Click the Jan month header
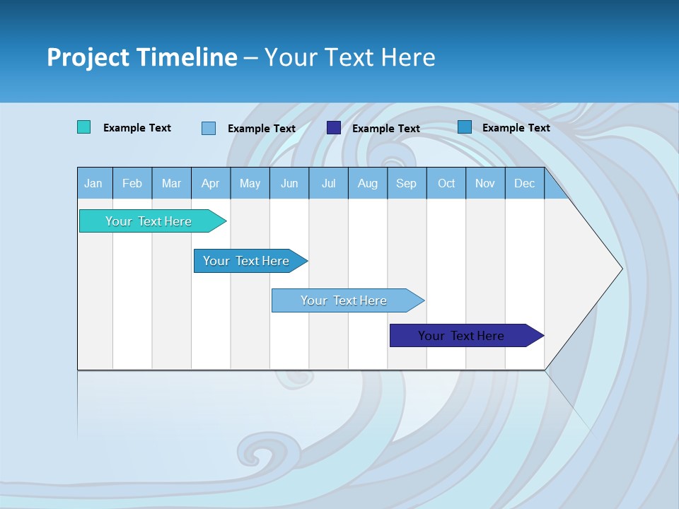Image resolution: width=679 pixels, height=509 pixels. [94, 183]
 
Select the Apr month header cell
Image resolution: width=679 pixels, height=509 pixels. [211, 183]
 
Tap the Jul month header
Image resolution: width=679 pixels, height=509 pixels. [328, 183]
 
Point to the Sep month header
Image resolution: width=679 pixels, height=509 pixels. [407, 183]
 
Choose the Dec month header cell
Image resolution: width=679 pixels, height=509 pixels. [524, 183]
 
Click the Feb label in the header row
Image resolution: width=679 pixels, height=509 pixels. [132, 183]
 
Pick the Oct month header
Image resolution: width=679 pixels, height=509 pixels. [446, 183]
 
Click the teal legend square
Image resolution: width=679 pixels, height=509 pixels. [84, 127]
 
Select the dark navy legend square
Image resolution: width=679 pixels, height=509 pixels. [334, 128]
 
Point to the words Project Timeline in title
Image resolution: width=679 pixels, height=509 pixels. [141, 57]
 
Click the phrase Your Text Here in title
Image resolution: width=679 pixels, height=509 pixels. [349, 57]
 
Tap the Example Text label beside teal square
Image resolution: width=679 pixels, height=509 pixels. [137, 128]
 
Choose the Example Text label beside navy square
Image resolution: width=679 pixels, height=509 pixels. [386, 129]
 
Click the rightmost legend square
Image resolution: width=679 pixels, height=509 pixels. [465, 127]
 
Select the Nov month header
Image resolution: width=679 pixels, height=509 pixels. [485, 183]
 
